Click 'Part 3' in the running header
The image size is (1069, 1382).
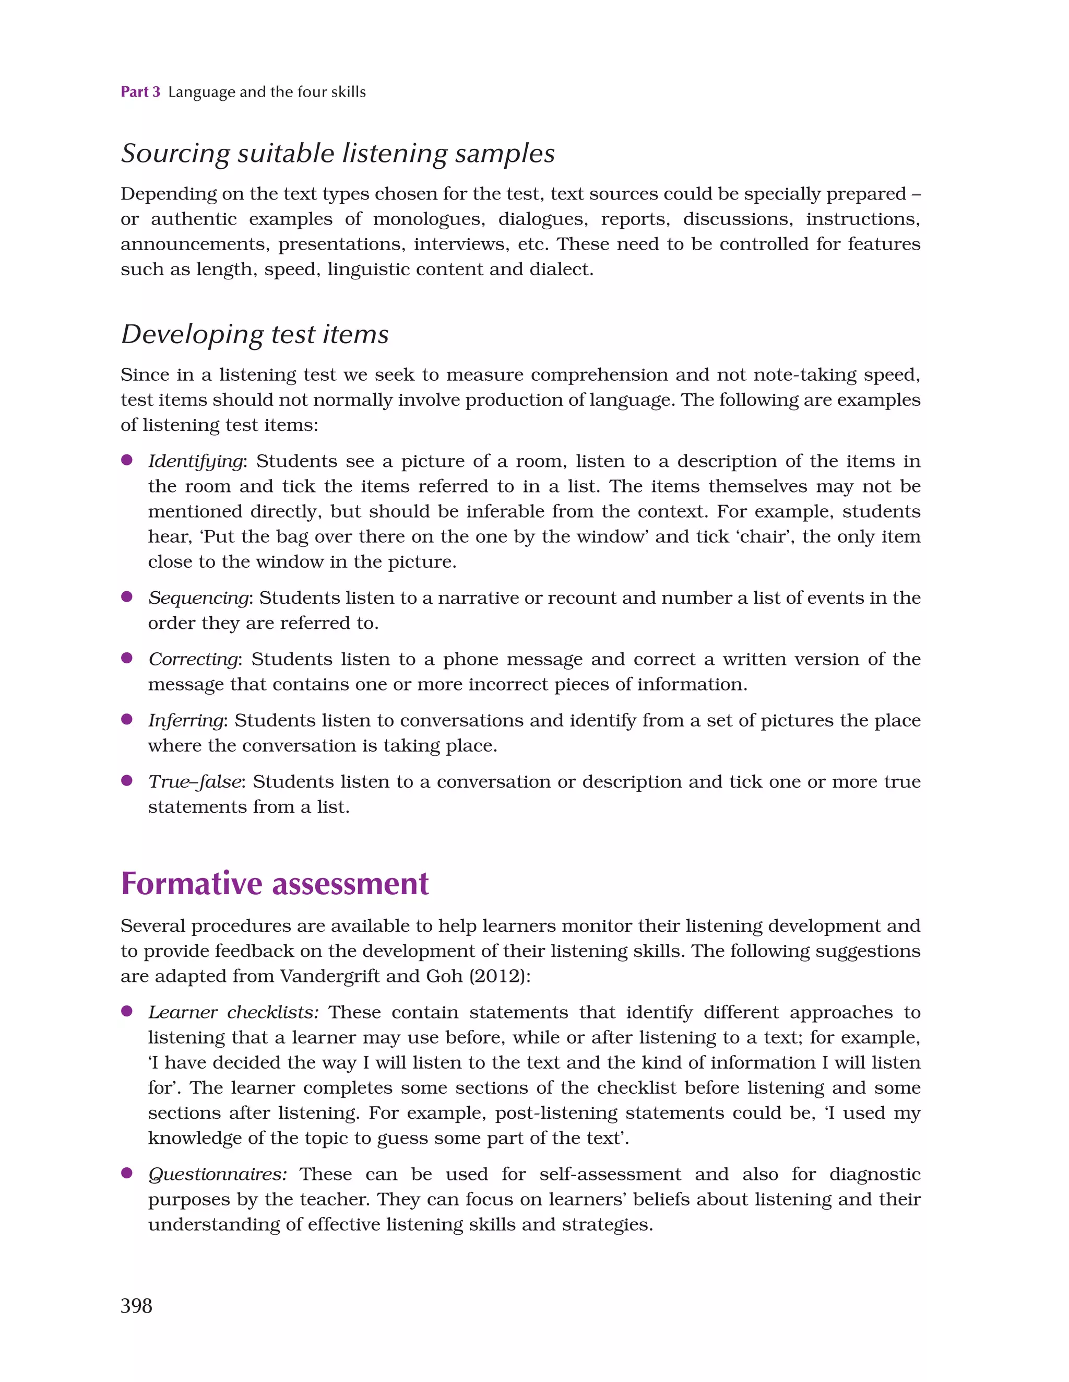[x=140, y=92]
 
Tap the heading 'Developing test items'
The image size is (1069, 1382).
[x=255, y=334]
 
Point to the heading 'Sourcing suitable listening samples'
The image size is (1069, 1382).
[x=338, y=154]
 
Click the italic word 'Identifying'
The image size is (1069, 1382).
[x=195, y=461]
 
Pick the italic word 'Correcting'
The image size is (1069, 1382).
[x=194, y=659]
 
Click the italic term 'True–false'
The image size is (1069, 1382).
[x=195, y=782]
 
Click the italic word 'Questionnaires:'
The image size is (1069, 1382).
[x=218, y=1175]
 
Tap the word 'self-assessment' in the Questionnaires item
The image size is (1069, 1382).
[x=610, y=1175]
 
